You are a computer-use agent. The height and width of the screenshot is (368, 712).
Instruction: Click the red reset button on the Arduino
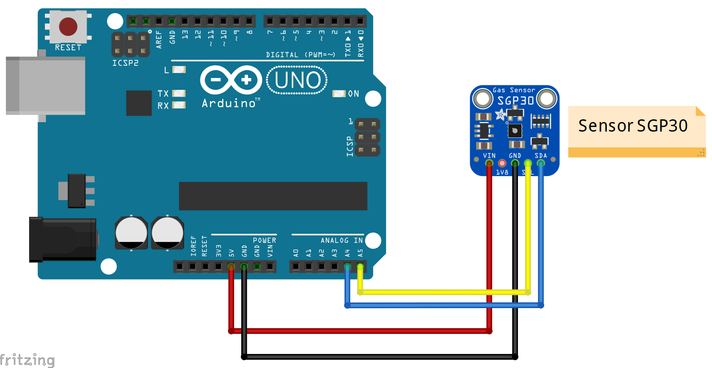(68, 27)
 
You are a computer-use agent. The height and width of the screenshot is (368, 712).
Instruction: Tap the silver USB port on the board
(45, 85)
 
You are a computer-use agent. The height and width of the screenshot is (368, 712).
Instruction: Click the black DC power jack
(63, 239)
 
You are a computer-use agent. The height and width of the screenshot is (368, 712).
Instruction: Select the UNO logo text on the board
(297, 80)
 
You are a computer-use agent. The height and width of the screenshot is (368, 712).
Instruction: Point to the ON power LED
(339, 93)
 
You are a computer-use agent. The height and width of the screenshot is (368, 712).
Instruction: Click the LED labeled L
(179, 69)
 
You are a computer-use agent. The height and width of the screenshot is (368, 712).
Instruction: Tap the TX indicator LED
(179, 93)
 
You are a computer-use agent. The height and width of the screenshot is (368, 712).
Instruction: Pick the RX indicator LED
(179, 105)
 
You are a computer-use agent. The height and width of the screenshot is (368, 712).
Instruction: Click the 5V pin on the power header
(231, 266)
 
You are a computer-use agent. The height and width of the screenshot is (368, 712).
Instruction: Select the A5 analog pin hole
(360, 266)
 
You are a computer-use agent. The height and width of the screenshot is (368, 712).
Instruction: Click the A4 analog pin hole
(347, 266)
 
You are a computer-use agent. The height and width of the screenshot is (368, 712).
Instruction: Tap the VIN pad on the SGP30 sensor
(489, 163)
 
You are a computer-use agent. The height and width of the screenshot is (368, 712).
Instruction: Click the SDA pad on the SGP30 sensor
(541, 163)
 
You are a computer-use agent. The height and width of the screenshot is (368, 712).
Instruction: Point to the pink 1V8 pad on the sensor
(502, 163)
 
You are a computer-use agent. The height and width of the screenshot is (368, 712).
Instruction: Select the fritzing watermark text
(27, 360)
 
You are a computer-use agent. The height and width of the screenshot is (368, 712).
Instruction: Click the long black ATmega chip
(273, 196)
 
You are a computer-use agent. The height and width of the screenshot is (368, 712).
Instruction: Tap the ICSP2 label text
(125, 63)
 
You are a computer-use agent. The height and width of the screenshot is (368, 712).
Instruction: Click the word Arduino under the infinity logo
(229, 103)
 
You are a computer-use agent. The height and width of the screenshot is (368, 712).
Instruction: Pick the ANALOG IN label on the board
(341, 240)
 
